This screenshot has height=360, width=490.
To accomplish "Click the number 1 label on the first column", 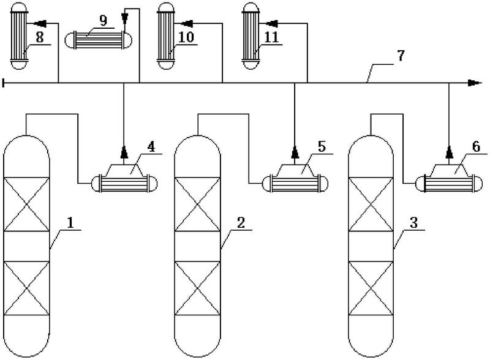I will pos(70,224).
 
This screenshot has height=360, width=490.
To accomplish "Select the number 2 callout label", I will pos(241,224).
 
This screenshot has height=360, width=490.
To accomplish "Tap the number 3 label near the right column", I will pos(413,224).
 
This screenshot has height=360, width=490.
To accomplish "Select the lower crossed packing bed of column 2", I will pos(197,288).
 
